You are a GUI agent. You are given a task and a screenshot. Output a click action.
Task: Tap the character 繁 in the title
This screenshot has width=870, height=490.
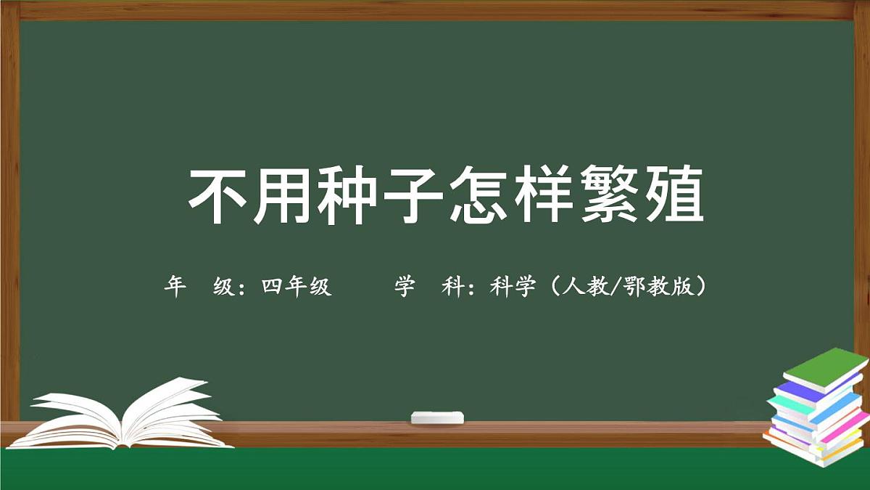tap(608, 196)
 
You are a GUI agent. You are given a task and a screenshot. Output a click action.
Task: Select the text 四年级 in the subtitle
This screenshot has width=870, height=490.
tap(297, 287)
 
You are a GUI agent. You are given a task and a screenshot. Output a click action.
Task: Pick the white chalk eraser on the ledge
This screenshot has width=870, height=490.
tap(436, 417)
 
